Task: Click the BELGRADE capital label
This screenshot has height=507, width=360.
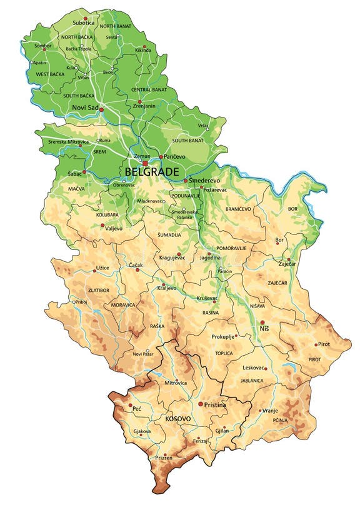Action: [x=152, y=171]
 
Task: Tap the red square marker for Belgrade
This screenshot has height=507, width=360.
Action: [x=145, y=163]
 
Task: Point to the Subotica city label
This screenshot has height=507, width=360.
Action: [x=83, y=23]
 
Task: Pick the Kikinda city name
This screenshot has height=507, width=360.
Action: [x=142, y=50]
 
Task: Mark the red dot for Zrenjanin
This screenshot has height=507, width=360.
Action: [x=140, y=101]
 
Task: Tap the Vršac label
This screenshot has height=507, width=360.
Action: [x=203, y=126]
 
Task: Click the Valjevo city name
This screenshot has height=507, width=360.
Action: [x=113, y=228]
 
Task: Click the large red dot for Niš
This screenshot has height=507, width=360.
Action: [x=262, y=323]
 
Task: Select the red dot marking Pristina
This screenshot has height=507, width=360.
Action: [x=200, y=404]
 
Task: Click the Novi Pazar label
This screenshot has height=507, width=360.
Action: [x=142, y=354]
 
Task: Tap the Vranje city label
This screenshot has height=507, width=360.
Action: [x=269, y=410]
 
